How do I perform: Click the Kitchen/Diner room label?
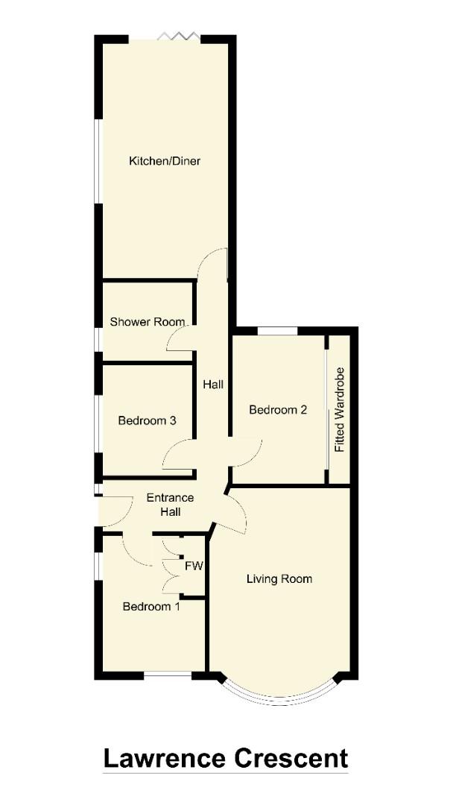coord(165,161)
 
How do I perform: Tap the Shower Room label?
coord(148,322)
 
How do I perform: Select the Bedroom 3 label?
coord(147,420)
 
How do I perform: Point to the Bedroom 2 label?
coord(278,410)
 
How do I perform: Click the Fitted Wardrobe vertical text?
coord(340,410)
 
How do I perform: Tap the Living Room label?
coord(279,578)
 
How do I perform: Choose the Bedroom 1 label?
coord(151,607)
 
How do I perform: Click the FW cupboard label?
coord(194,566)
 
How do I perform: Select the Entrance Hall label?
coord(170,505)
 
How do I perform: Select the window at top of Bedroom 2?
coord(277,329)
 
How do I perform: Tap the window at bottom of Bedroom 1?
coord(168,675)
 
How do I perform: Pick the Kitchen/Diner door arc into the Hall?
coord(215,262)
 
